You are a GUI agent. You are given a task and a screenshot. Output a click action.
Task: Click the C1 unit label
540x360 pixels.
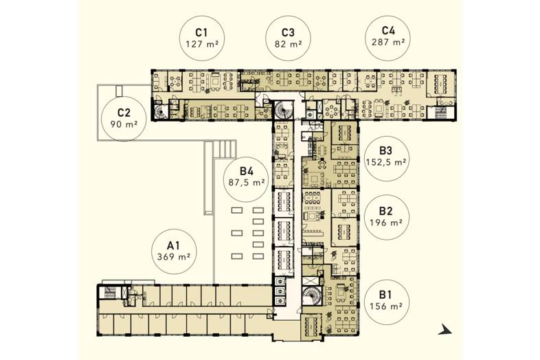coord(201,32)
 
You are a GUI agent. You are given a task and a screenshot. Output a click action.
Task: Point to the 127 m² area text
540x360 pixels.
coord(203,44)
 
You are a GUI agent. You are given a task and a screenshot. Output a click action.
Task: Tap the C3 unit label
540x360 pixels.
coord(288,32)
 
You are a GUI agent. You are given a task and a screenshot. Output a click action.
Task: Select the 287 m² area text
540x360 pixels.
coord(388,42)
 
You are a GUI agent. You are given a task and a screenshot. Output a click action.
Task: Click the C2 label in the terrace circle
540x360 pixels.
coord(124,113)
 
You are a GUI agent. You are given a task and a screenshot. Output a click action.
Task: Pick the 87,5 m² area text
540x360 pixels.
coord(247,183)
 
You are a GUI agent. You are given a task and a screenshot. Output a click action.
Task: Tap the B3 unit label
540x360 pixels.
coord(386,150)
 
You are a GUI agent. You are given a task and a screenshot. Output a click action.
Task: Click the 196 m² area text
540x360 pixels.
coord(386,223)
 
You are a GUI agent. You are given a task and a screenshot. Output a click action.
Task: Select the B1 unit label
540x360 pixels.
coord(385,295)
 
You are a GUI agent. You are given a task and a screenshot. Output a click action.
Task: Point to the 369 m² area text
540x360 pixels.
coord(174,257)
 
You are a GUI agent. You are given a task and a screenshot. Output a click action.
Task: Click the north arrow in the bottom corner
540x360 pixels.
coord(445,330)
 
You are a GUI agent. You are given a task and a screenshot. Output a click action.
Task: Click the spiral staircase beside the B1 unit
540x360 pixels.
coord(312,295)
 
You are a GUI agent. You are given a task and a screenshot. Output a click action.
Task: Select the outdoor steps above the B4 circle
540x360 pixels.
coord(224,149)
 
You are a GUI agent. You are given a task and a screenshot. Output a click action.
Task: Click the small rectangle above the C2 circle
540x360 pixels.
coord(119,90)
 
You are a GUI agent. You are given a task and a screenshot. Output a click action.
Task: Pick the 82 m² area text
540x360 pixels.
coord(289,44)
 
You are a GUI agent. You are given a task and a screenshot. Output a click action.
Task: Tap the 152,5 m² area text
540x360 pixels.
coord(386,162)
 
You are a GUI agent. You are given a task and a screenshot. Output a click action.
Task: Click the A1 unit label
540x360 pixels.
coord(174,245)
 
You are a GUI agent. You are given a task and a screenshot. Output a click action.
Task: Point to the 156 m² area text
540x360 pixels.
coord(386,306)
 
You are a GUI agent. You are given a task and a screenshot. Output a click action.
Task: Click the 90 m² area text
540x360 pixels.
coord(124,124)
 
